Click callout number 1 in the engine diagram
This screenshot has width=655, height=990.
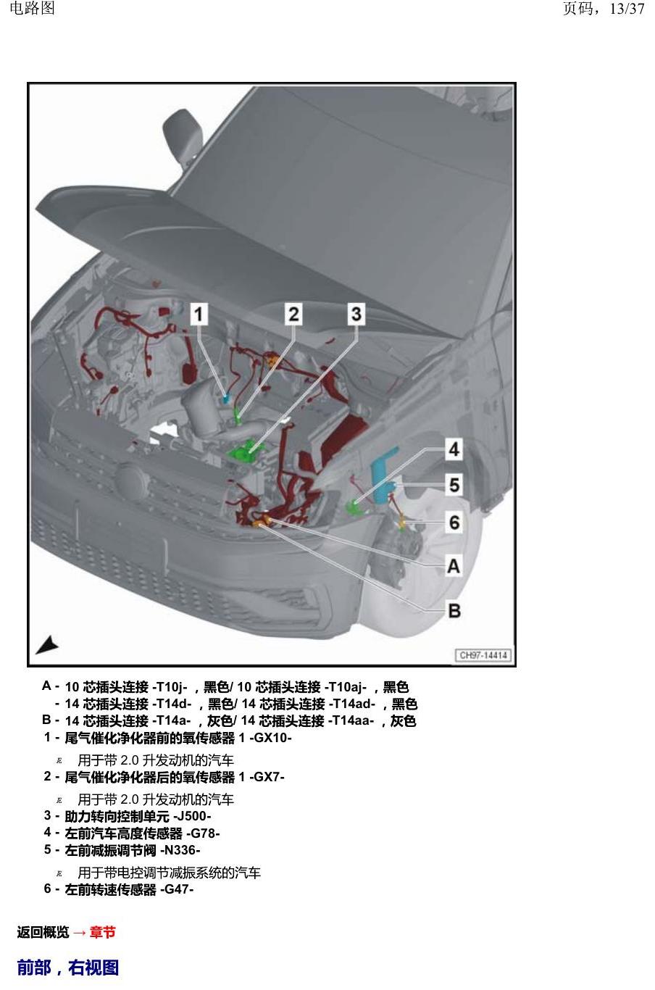click(x=199, y=315)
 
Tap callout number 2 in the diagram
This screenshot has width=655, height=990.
click(x=293, y=315)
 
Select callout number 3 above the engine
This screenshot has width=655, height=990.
click(x=356, y=314)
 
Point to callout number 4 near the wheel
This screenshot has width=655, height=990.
click(x=454, y=449)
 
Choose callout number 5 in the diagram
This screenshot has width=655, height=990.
click(x=454, y=485)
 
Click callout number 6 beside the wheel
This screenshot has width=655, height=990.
click(x=454, y=523)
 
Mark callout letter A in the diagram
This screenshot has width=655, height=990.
click(x=454, y=566)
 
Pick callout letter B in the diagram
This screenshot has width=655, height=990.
click(x=454, y=611)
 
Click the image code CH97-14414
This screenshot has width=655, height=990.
click(x=483, y=655)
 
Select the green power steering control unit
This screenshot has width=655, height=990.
click(x=246, y=451)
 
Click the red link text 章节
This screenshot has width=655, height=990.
click(x=103, y=932)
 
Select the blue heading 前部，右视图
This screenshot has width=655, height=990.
click(x=68, y=968)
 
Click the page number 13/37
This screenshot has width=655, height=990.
click(x=627, y=9)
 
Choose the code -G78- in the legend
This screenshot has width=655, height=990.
click(x=203, y=833)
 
